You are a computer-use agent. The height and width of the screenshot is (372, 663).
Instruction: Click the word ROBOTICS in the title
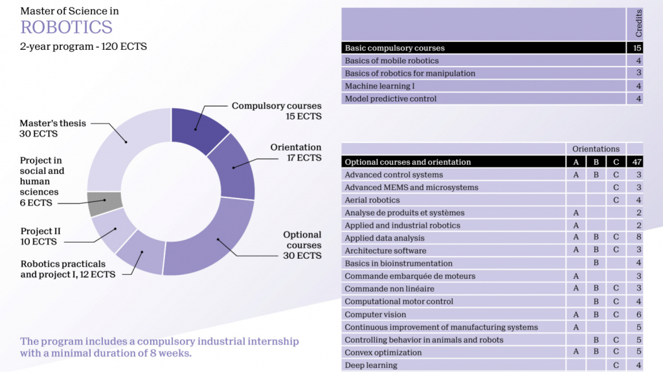click(x=66, y=27)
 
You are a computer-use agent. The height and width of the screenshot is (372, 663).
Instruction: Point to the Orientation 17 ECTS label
click(x=295, y=153)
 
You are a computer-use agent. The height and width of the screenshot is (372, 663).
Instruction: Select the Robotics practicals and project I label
click(x=68, y=269)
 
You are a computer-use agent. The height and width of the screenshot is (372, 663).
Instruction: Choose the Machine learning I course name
click(x=379, y=86)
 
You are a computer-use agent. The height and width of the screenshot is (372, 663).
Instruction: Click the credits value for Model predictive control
click(x=638, y=99)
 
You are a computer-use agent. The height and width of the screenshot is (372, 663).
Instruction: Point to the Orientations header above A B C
click(x=596, y=149)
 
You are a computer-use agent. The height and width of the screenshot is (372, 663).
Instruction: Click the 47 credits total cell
click(x=638, y=162)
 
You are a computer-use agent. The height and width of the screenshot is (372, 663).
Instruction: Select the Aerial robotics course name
click(x=372, y=200)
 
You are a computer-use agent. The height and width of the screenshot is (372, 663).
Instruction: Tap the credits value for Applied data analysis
click(x=638, y=238)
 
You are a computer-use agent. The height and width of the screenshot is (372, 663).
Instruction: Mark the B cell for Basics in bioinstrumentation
click(x=596, y=263)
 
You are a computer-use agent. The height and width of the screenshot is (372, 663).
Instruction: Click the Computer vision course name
click(x=376, y=314)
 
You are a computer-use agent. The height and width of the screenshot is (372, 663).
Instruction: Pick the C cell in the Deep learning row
click(x=615, y=366)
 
